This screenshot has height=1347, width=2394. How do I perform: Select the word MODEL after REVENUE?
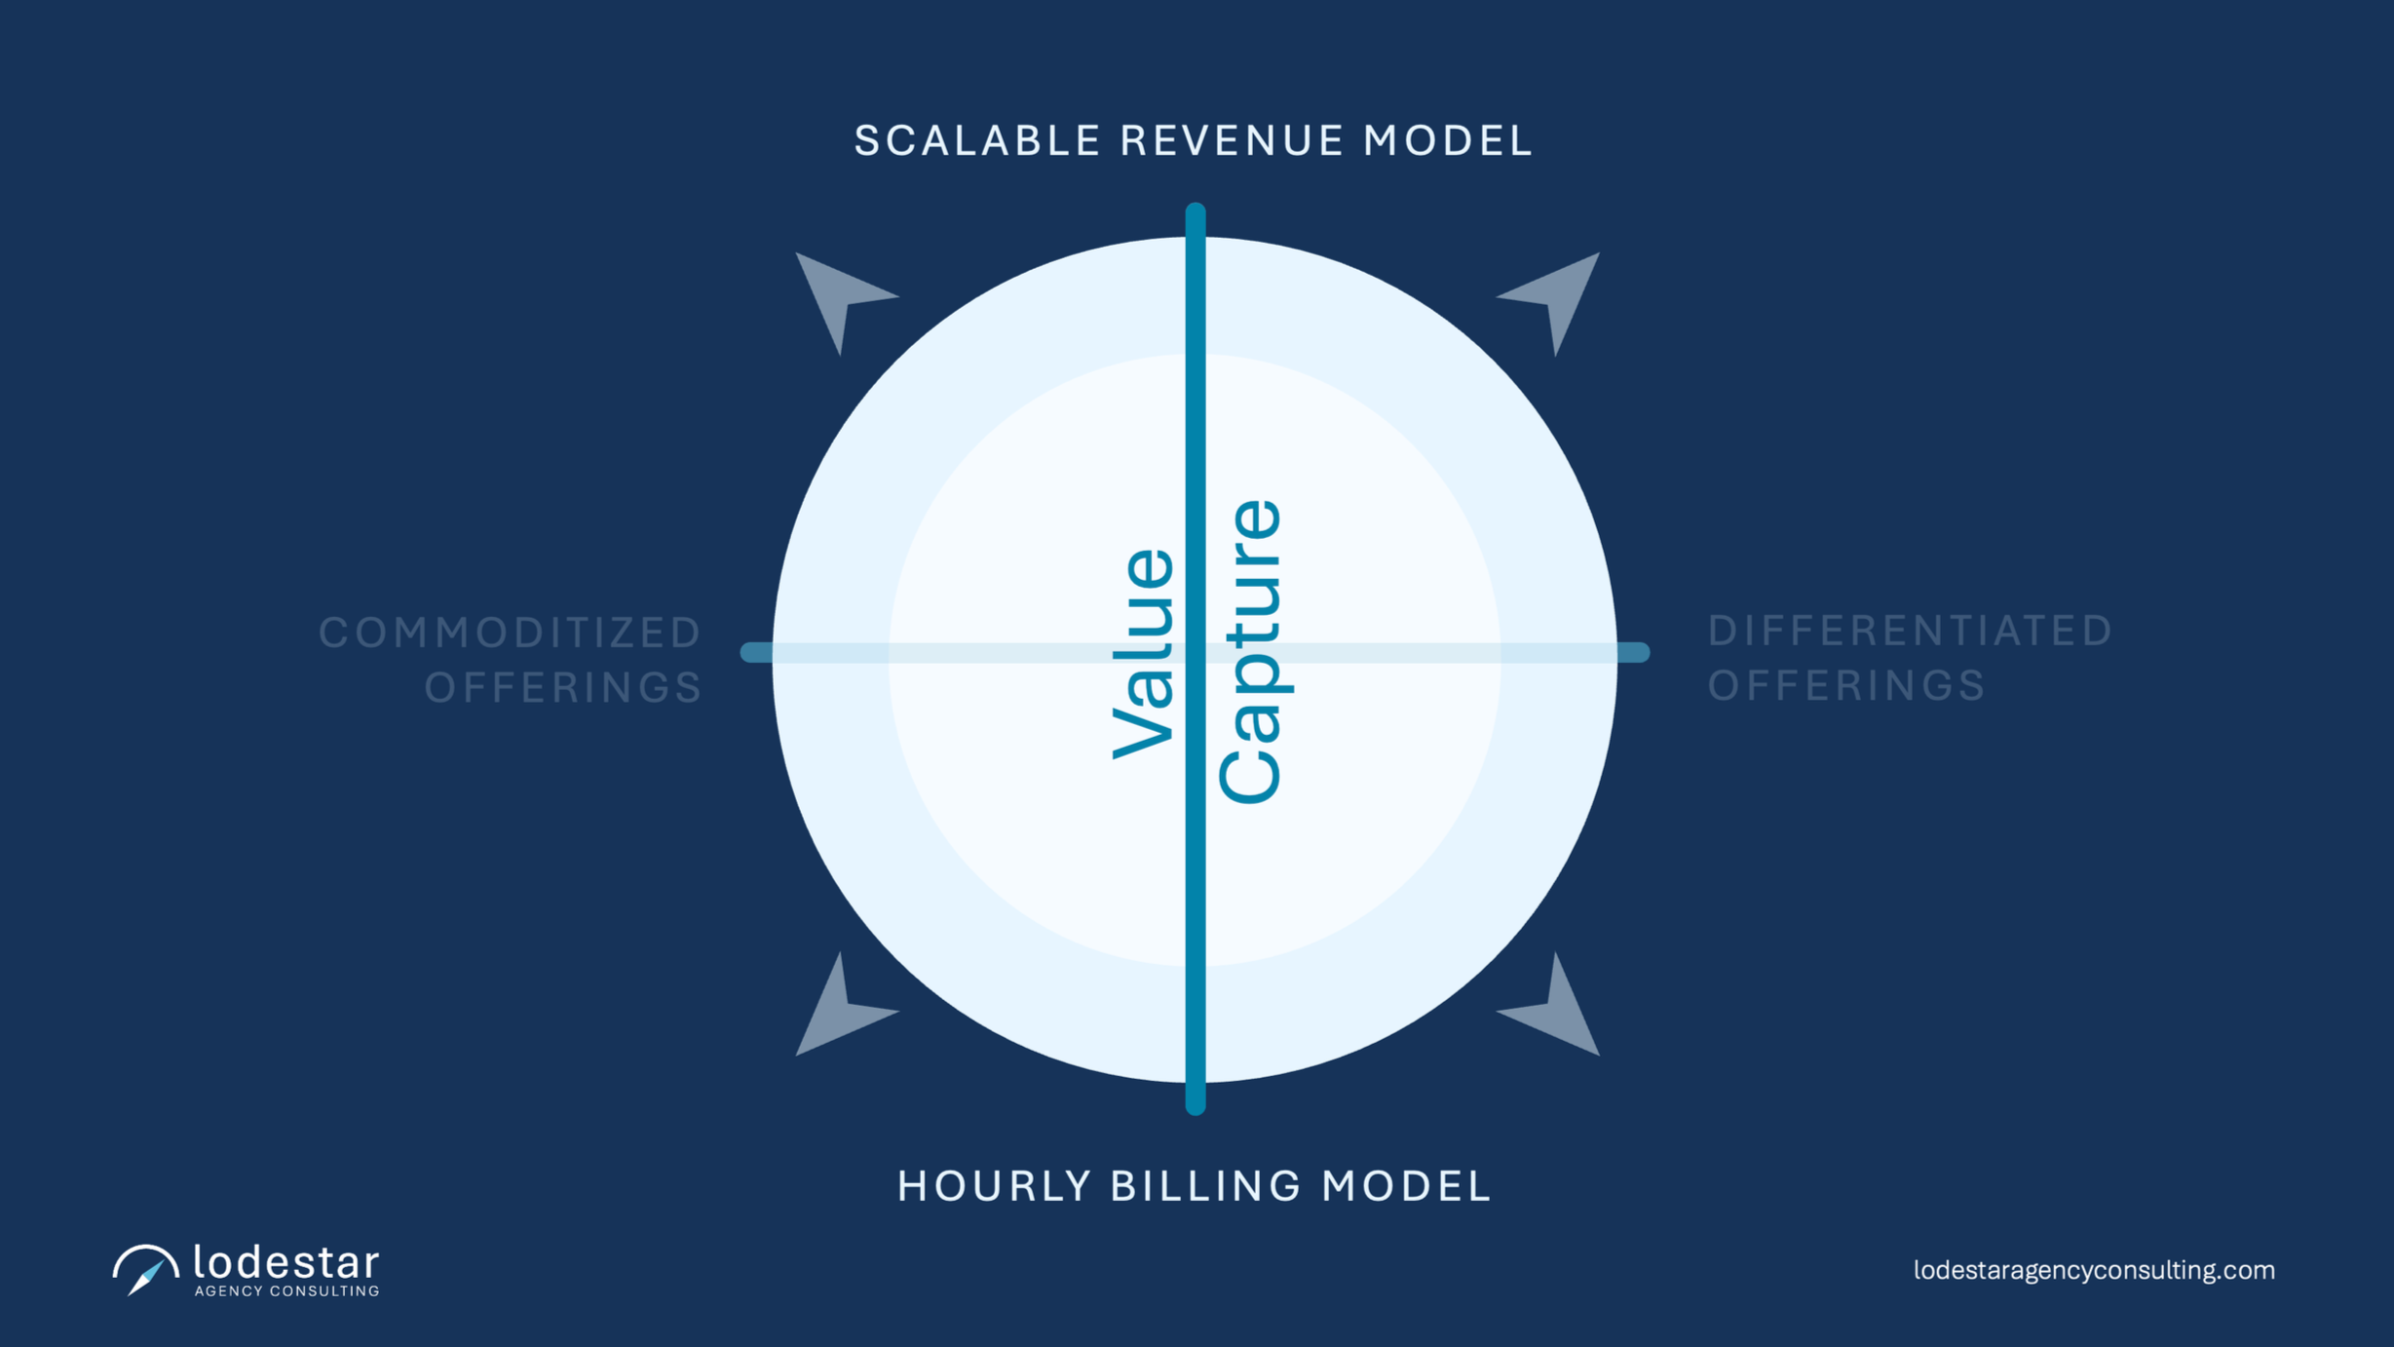point(1448,140)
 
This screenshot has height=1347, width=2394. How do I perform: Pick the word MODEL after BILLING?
point(1406,1186)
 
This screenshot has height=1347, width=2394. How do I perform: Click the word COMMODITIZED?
point(511,633)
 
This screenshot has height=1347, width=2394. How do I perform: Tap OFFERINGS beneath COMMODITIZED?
point(563,687)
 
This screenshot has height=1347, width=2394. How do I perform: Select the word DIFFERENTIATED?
point(1910,631)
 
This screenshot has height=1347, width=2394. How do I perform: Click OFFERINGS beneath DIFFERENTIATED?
point(1846,685)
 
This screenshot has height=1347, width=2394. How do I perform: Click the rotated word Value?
point(1144,653)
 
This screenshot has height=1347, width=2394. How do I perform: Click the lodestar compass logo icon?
point(145,1270)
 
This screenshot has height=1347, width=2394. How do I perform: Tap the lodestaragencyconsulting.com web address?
point(2094,1270)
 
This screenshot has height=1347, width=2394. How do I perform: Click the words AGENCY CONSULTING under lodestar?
point(286,1291)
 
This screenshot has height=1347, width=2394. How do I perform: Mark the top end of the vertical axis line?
point(1196,211)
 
